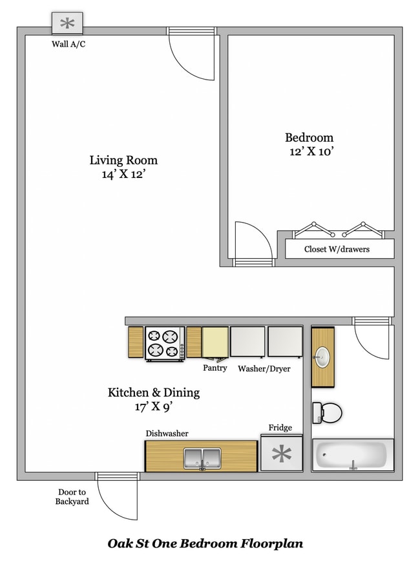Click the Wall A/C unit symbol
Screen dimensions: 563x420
(67, 25)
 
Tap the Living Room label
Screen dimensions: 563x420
(123, 160)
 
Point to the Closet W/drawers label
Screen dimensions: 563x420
(337, 249)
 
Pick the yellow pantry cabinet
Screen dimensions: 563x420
(215, 342)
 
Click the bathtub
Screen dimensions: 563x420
(353, 456)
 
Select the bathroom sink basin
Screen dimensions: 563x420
(322, 355)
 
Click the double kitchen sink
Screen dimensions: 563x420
(202, 458)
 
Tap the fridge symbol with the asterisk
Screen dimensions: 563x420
(282, 454)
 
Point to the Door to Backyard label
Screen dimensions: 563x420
(72, 496)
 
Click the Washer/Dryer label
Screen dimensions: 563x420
(264, 369)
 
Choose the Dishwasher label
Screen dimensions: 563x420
(167, 434)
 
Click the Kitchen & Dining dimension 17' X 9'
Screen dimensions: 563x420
(153, 407)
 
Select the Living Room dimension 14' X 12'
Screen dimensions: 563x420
(123, 175)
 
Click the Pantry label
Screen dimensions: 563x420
(215, 368)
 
